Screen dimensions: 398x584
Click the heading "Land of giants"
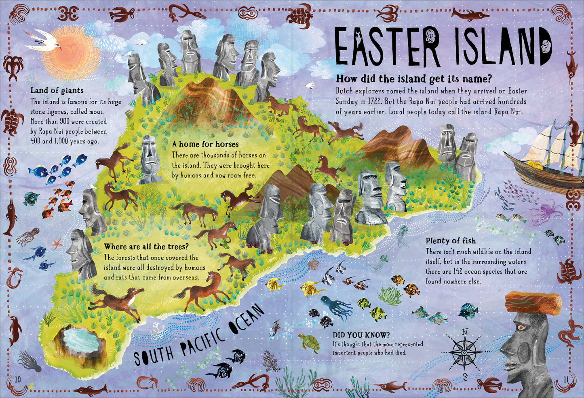57,90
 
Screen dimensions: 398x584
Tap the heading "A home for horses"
205,144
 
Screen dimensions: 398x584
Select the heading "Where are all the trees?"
146,247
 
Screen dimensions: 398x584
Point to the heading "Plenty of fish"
450,241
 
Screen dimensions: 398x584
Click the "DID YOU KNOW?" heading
361,335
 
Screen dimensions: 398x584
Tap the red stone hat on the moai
533,303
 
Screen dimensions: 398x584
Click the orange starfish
57,243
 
